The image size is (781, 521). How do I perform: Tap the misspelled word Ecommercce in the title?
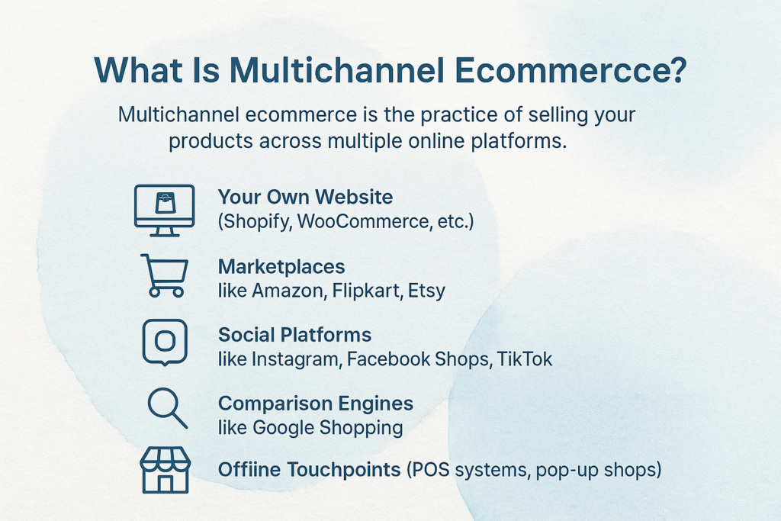pos(568,70)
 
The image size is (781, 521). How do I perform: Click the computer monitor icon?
pos(164,207)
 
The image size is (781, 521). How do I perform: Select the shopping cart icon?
pos(164,275)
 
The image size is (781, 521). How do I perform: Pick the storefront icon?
pos(165,469)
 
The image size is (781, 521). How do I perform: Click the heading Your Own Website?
pos(305,197)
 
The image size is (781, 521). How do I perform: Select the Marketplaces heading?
pos(281,266)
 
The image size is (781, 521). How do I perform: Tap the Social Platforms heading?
pos(294,335)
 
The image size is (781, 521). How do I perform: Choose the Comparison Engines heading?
pos(316,403)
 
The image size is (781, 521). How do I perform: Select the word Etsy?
pos(426,291)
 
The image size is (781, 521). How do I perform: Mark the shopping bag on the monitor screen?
pos(164,201)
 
